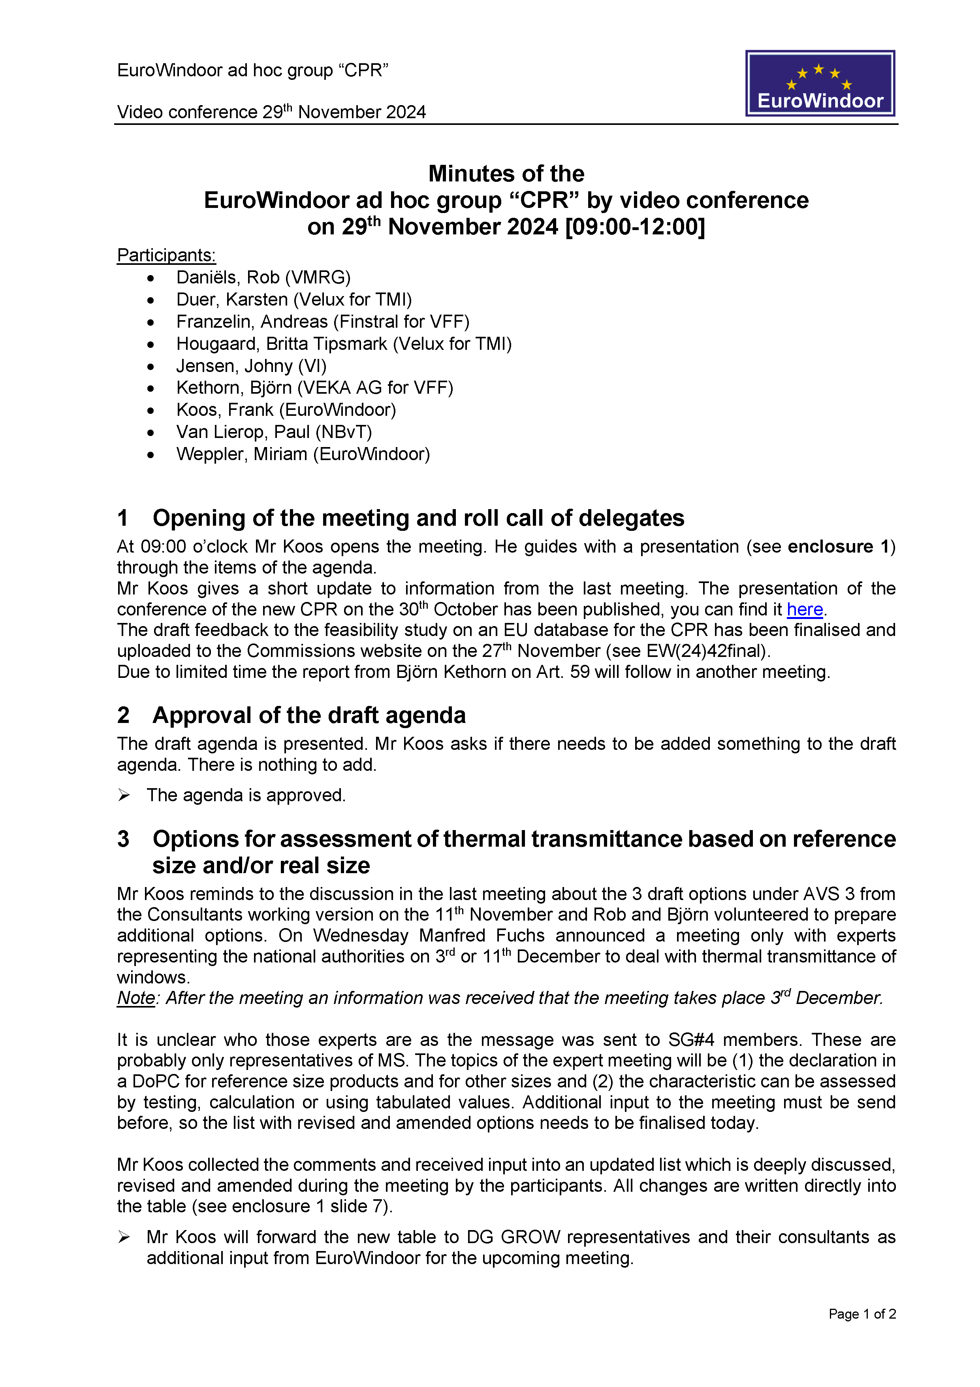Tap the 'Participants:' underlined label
click(166, 255)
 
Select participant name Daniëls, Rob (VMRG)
click(263, 277)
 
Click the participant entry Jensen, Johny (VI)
click(251, 366)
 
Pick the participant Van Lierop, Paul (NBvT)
click(274, 432)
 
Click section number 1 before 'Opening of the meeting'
click(122, 518)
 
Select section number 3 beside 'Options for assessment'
click(123, 839)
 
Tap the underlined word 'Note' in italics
click(136, 998)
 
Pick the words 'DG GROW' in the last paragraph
click(513, 1237)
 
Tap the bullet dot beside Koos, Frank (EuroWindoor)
click(150, 411)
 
